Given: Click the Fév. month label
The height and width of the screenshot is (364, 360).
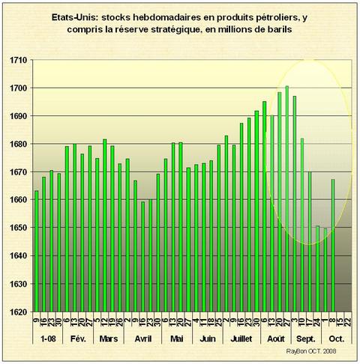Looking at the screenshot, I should click(80, 338).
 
